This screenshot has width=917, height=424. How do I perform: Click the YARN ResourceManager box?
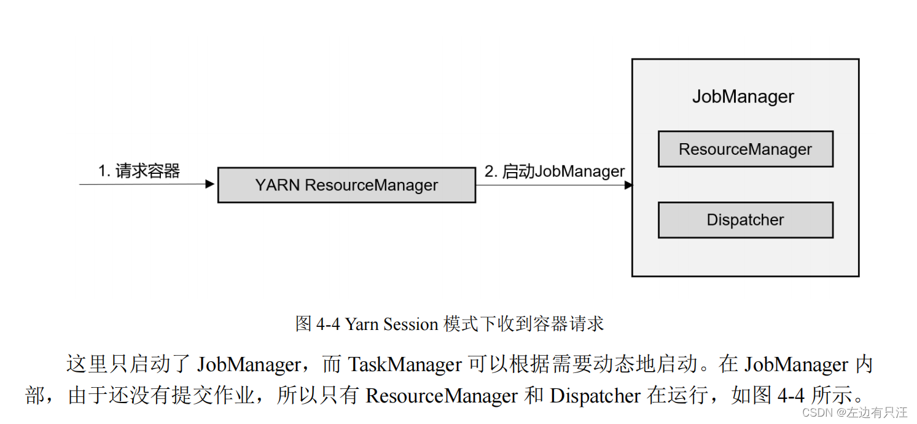346,185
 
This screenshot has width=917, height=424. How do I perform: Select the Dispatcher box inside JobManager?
745,220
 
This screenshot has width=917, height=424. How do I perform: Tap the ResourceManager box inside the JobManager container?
745,149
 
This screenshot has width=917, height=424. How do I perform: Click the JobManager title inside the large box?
743,97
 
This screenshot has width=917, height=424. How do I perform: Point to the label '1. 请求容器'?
139,171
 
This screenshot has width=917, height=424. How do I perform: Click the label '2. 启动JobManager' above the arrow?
554,171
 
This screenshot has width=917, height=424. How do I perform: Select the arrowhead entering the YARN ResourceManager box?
210,184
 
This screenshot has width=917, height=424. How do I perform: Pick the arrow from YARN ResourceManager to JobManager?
553,184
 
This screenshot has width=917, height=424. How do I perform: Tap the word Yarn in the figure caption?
362,324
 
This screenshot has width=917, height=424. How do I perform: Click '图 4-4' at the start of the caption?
318,324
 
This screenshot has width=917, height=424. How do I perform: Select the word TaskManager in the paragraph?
405,364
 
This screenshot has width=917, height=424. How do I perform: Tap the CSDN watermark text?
854,412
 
